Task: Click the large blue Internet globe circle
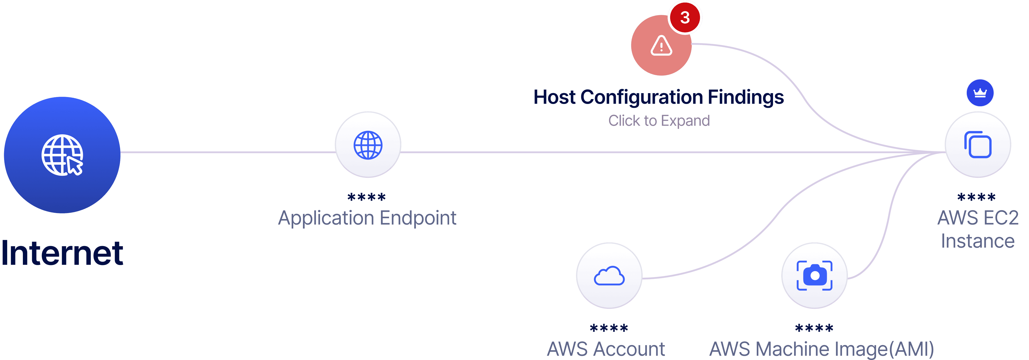tap(62, 155)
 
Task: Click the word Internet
tap(62, 253)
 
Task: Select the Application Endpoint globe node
tap(368, 145)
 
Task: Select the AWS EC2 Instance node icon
tap(978, 145)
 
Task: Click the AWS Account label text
tap(606, 349)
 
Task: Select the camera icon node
tap(814, 276)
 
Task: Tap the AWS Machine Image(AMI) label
tap(821, 349)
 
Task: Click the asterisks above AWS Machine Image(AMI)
tap(814, 328)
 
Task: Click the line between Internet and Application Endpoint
tap(228, 152)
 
